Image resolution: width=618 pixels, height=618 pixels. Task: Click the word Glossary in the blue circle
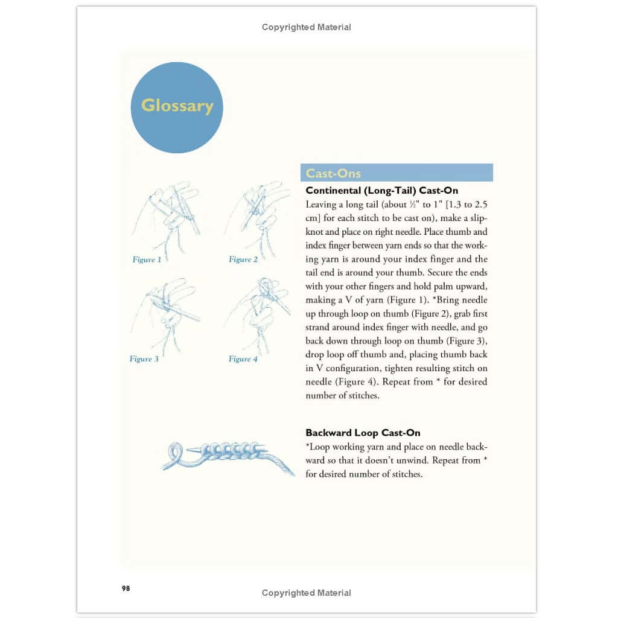177,106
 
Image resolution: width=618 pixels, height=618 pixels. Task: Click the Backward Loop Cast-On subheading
363,433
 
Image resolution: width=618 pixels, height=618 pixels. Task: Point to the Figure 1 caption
147,260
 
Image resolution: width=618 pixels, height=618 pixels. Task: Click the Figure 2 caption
243,260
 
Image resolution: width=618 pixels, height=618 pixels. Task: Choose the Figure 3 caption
144,359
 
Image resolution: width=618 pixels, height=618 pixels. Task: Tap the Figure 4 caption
243,359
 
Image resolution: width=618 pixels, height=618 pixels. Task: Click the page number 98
125,588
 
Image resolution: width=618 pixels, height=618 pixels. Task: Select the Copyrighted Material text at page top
306,27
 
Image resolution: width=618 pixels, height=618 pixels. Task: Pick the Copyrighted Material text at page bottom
306,593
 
